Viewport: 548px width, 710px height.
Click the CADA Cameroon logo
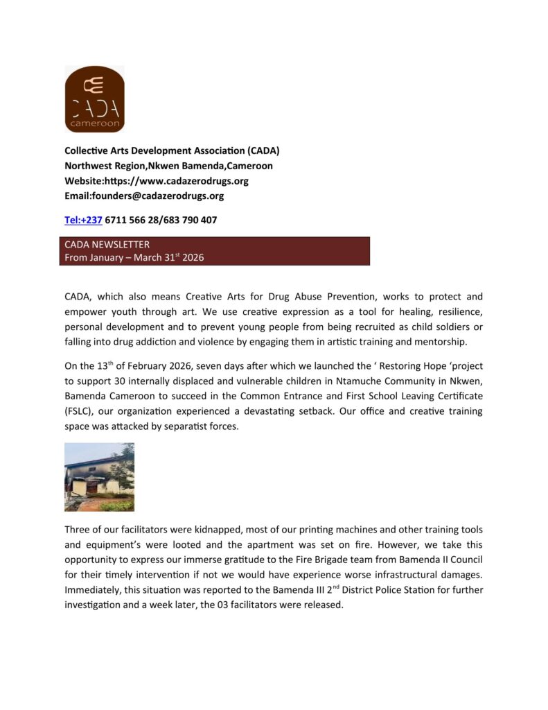coord(94,99)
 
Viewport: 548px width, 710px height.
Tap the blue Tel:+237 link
coord(83,220)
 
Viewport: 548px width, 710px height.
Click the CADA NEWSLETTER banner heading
coord(107,244)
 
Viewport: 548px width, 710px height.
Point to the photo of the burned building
coord(99,477)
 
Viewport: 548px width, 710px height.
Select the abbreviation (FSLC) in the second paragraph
coord(80,410)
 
